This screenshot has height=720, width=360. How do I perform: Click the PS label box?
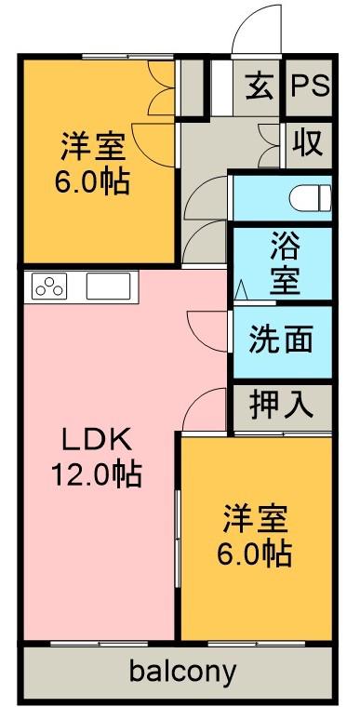tap(310, 87)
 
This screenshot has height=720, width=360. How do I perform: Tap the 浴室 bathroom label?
tap(285, 265)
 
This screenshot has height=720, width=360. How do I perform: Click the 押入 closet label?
tap(280, 405)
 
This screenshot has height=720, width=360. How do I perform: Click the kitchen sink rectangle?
tap(111, 286)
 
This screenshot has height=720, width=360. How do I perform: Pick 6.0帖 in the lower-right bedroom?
tap(255, 553)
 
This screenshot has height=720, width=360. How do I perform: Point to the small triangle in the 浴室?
tap(240, 290)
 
